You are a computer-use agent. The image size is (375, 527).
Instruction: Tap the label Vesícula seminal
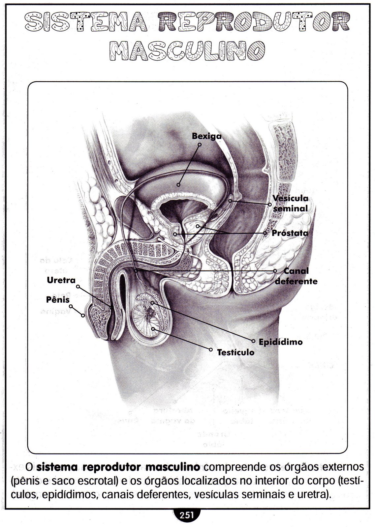coord(291,203)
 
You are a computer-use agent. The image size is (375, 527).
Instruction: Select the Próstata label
coord(290,233)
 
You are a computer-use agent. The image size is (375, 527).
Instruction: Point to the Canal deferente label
coord(296,276)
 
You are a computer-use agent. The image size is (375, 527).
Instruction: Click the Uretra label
coord(61,280)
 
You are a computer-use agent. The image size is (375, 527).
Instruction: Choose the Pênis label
coord(58,300)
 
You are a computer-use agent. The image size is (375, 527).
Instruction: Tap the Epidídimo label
coord(280,342)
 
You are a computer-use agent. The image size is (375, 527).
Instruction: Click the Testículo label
coord(235,352)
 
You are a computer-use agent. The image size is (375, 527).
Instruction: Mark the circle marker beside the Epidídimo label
coord(254,340)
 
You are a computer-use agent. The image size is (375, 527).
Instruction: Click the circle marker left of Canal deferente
coord(275,271)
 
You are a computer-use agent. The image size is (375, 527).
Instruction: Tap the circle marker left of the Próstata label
coord(266,233)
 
